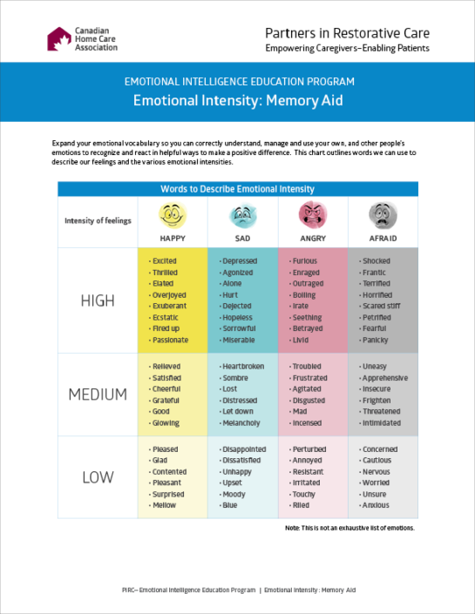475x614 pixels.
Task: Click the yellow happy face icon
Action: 173,214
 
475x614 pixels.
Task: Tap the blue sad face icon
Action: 241,214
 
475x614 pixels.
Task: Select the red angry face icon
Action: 312,214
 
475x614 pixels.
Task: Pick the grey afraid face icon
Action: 381,214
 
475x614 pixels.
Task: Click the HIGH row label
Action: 97,301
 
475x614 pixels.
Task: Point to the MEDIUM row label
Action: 97,395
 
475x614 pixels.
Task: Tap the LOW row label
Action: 97,477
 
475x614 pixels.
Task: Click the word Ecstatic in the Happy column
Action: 165,318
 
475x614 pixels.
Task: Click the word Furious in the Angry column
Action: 305,261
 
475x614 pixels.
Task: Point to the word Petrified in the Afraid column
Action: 377,318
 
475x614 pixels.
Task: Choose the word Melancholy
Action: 241,423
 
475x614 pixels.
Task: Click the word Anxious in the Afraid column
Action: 376,505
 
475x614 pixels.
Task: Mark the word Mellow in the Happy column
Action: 163,505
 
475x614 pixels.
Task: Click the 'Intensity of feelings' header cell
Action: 98,220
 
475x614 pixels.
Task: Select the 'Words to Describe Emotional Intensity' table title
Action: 237,189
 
